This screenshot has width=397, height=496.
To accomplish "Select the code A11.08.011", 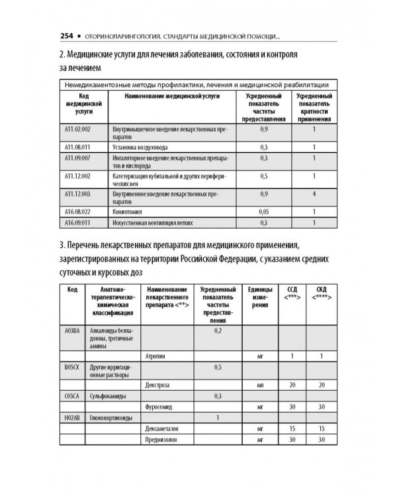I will coord(77,147).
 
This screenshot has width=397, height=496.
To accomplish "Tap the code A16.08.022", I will coord(77,211).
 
